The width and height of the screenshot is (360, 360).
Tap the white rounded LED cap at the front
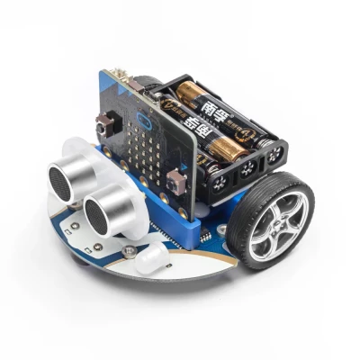tap(149, 259)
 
